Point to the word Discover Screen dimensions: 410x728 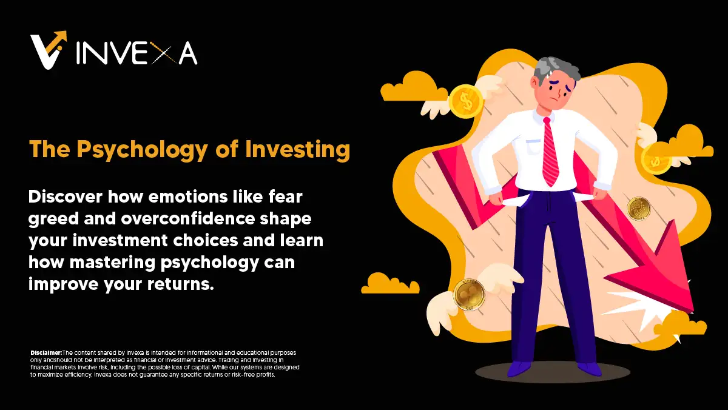[67, 197]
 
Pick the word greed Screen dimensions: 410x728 [54, 219]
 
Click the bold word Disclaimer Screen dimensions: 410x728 [46, 353]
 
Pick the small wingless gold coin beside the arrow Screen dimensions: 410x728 [638, 208]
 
